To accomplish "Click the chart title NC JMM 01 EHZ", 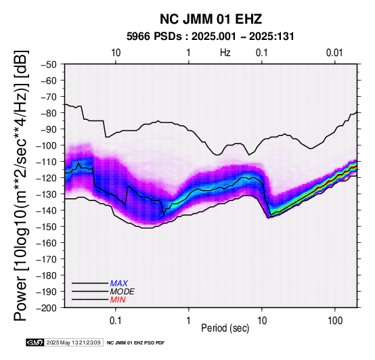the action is pos(211,19).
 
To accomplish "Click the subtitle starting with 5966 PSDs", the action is pos(211,37).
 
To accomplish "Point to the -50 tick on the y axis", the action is pos(48,65).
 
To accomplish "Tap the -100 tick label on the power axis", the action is pos(46,145).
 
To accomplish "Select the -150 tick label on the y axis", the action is pos(46,227).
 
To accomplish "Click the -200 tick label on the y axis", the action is pos(46,308).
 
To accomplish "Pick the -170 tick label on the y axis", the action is pos(46,259).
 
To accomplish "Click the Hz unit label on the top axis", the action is pos(225,53).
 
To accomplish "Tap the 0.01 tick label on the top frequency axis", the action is pos(334,53).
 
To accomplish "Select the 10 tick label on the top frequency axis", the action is pos(116,53).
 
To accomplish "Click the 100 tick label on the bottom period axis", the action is pos(335,321).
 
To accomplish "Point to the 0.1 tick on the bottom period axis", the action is pos(116,321).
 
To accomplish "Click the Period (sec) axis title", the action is pos(225,328).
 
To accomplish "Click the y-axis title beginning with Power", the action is pos(21,185).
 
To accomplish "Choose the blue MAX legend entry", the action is pos(119,284).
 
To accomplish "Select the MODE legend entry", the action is pos(123,292).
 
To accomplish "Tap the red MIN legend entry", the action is pos(118,300).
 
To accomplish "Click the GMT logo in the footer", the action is pos(35,342).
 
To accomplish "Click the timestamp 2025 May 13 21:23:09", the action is pos(73,342).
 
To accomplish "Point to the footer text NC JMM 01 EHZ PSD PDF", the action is pos(135,343).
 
